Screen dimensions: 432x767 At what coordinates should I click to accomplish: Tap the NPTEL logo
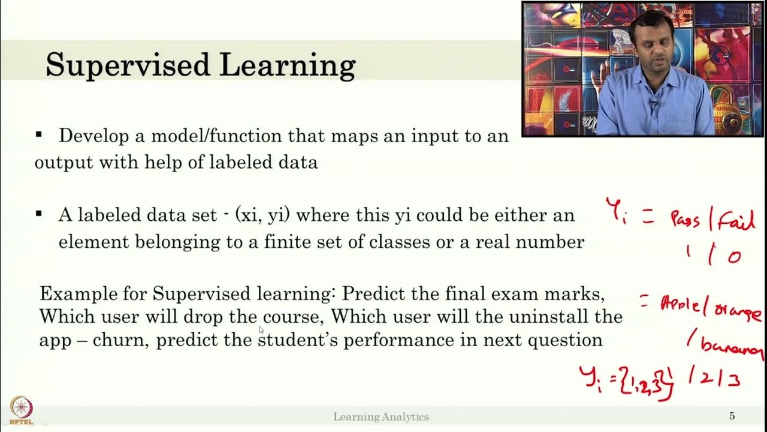point(21,409)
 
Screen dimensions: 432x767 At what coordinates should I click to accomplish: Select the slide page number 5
point(732,416)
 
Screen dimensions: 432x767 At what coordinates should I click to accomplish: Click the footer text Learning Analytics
point(381,416)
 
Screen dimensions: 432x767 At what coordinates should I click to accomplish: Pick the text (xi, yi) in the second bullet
point(263,215)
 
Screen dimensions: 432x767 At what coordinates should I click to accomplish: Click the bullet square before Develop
point(40,134)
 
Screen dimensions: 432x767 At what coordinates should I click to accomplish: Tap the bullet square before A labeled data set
point(40,214)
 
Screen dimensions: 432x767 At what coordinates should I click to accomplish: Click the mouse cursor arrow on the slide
point(261,329)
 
